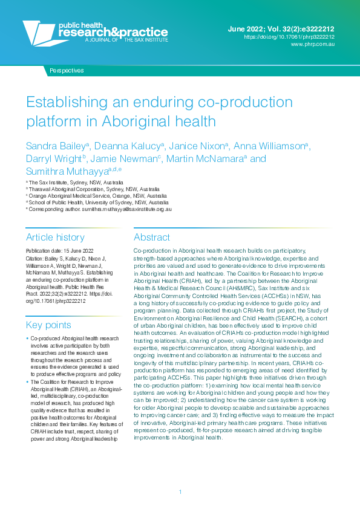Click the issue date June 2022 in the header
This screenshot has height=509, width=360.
pyautogui.click(x=247, y=28)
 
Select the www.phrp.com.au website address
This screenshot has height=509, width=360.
pyautogui.click(x=313, y=45)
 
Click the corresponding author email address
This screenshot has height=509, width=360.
pyautogui.click(x=127, y=209)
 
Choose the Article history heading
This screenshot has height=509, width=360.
pyautogui.click(x=55, y=238)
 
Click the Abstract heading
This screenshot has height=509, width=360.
pyautogui.click(x=152, y=238)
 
